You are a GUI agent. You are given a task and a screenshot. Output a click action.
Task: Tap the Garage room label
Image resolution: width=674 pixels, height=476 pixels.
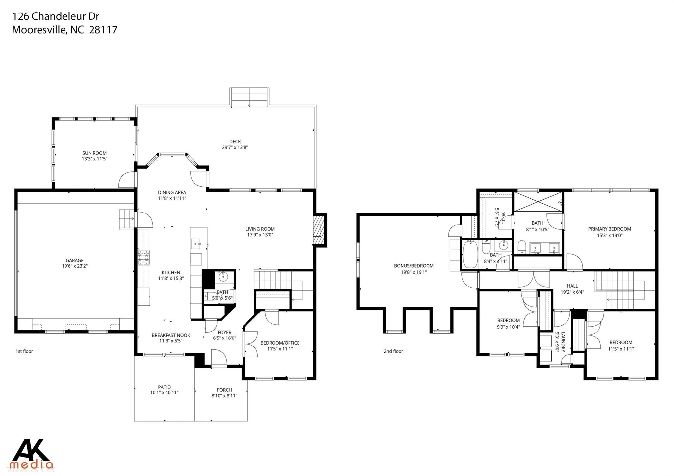(75, 260)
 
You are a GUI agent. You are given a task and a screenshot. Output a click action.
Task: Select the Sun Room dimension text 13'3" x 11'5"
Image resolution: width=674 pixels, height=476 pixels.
(95, 159)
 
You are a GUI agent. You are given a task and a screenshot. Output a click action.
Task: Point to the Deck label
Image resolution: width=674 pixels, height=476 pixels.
(235, 142)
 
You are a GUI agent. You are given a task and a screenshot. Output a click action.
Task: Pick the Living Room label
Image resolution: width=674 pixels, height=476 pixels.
(260, 229)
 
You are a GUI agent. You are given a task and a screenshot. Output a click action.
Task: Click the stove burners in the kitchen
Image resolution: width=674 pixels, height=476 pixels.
(143, 258)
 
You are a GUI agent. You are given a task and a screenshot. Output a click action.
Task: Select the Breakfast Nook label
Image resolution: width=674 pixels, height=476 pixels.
(171, 335)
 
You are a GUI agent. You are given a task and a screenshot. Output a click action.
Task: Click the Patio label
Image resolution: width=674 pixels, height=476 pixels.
(164, 387)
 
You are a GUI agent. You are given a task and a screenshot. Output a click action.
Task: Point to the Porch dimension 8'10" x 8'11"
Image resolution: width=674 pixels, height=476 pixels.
(224, 396)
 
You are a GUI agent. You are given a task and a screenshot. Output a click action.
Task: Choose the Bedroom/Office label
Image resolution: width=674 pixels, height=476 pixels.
(280, 343)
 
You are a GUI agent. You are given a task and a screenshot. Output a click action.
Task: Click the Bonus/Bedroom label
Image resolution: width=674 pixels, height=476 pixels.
(414, 266)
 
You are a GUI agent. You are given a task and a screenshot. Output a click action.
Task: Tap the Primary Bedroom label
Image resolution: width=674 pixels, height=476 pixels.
(609, 229)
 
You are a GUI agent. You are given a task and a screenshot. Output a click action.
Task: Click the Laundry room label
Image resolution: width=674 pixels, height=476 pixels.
(563, 342)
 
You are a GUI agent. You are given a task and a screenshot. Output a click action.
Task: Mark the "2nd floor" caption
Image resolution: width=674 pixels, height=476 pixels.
(393, 351)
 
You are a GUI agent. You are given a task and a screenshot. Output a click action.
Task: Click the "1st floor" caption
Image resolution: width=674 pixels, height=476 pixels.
(24, 351)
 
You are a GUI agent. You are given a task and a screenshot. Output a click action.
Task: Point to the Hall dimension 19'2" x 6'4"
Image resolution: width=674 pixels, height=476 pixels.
(572, 292)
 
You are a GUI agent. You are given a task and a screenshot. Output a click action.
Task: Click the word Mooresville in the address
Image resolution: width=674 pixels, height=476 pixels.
(39, 30)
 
